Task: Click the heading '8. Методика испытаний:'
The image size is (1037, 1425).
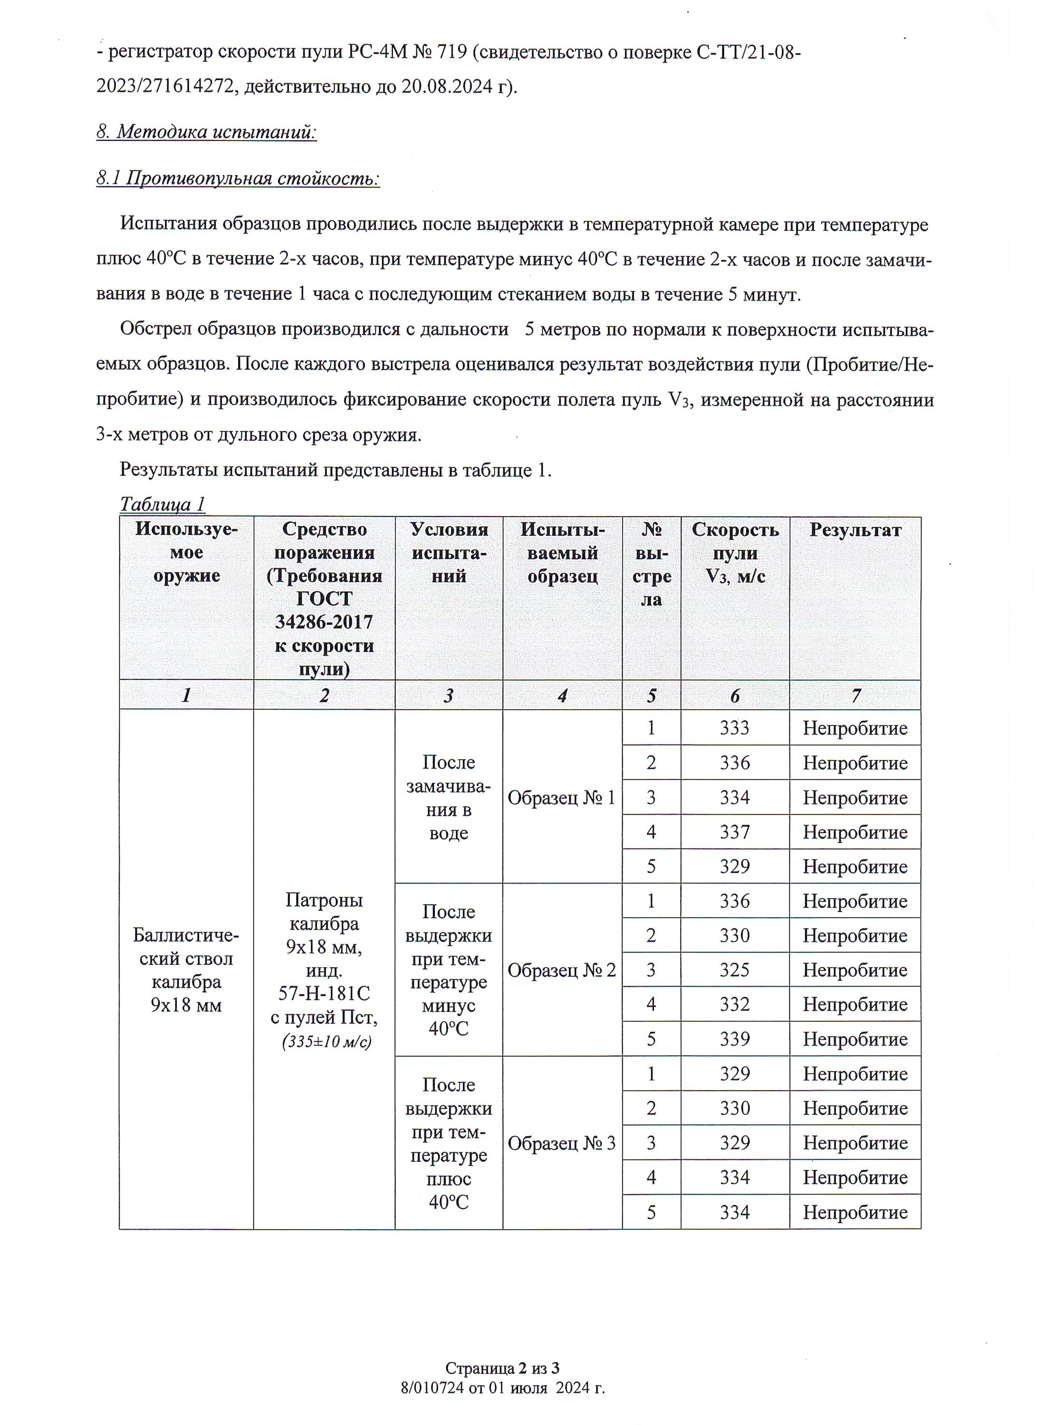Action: (206, 132)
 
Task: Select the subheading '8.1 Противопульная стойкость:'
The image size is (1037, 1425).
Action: (238, 179)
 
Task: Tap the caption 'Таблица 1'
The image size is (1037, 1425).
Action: (162, 504)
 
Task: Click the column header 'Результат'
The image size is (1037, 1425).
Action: (855, 530)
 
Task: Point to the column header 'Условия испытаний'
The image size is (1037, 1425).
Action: (449, 552)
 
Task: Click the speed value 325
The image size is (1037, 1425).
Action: (734, 970)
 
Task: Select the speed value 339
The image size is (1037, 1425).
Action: (734, 1039)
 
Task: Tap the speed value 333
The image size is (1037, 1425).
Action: (734, 728)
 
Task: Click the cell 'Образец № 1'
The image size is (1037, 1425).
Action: (561, 798)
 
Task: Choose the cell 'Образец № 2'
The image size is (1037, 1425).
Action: (561, 971)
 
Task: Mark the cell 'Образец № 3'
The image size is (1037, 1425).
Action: (561, 1143)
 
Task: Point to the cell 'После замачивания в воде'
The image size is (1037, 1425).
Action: (449, 798)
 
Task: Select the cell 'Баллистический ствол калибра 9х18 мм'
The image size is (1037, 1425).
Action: (186, 970)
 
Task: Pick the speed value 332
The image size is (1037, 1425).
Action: (734, 1005)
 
